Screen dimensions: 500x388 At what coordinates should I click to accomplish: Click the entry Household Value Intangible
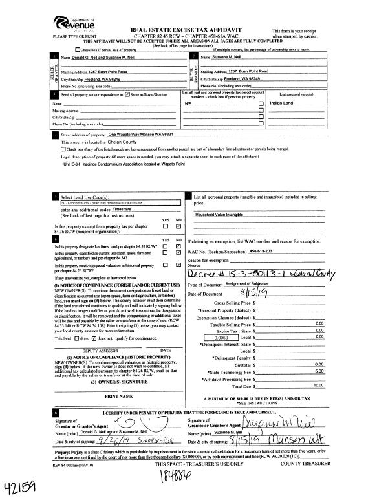click(x=222, y=214)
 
